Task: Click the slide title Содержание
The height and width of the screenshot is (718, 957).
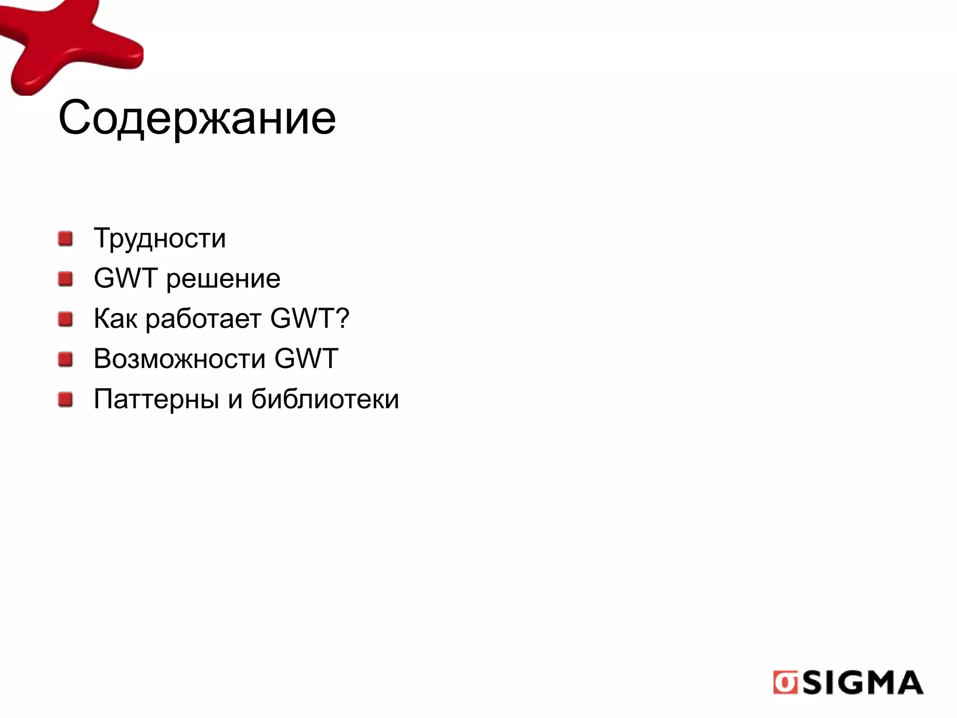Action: pos(197,118)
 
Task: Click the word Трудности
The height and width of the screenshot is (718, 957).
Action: pos(160,238)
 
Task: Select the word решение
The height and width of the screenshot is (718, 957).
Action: pos(223,279)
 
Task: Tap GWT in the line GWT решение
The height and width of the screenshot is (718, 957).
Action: pos(125,278)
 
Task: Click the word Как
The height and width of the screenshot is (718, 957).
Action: pos(115,319)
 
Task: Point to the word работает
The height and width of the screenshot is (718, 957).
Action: pos(203,320)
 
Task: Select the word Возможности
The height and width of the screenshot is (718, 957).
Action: pos(179,359)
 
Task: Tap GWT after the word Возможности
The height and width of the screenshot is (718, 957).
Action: pos(306,359)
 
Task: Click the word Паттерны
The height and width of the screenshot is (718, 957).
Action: pos(156,400)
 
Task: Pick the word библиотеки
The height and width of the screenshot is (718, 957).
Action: pos(325,399)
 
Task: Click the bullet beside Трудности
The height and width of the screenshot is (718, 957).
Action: pos(65,239)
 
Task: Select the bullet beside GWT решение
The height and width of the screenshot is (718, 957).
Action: pos(65,279)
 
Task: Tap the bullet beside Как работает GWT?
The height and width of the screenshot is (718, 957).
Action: pos(65,320)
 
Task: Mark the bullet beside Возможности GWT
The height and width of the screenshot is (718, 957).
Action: pos(65,359)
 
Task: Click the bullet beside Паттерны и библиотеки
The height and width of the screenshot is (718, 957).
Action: pos(65,400)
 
